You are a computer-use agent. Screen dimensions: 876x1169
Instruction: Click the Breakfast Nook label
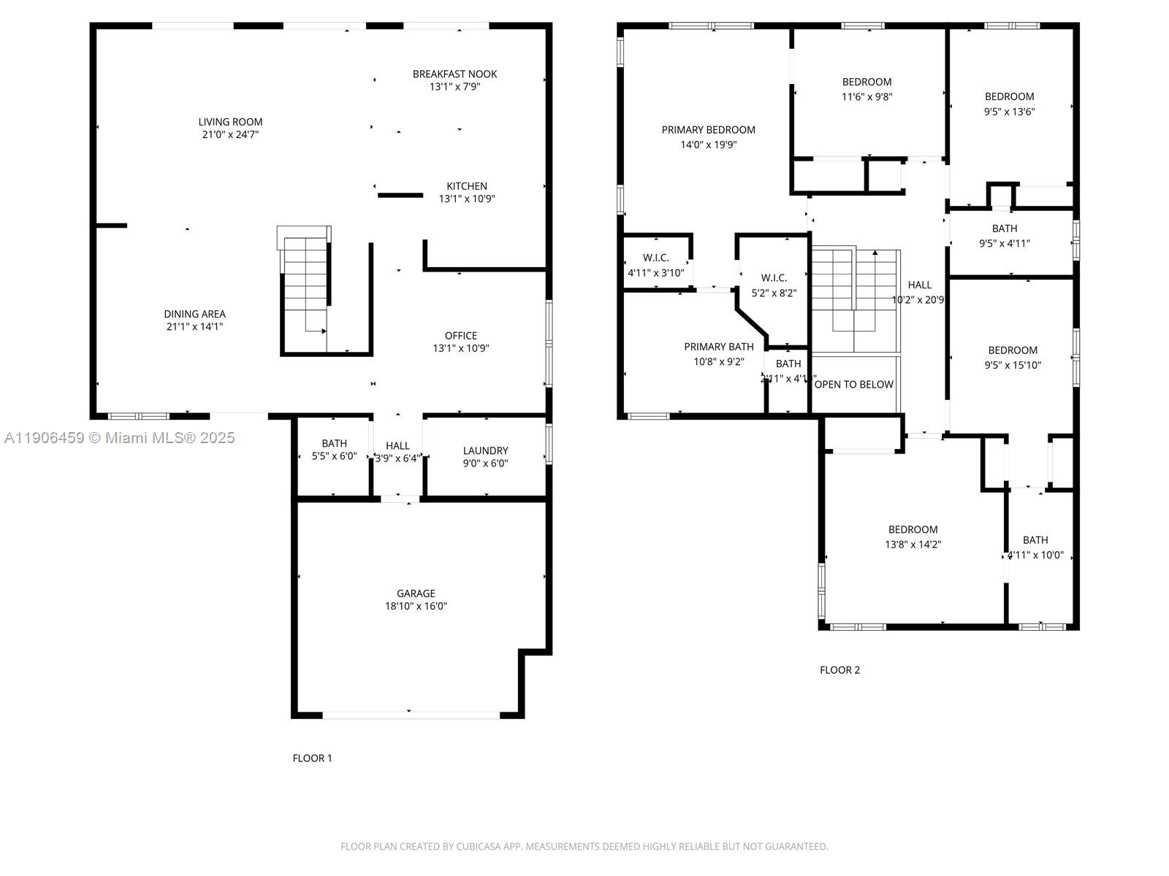coord(454,74)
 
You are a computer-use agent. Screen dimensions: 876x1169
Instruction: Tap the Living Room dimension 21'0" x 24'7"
coord(230,135)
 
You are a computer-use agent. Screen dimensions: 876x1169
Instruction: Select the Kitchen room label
coord(467,186)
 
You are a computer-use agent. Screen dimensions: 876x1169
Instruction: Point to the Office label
coord(461,336)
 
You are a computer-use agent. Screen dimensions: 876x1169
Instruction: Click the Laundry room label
coord(485,450)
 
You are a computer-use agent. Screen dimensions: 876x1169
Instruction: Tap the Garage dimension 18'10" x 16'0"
coord(416,606)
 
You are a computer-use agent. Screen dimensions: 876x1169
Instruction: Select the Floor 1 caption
coord(312,758)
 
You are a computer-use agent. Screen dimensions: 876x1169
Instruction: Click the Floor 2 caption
coord(839,670)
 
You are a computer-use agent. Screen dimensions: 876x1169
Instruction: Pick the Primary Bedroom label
coord(708,130)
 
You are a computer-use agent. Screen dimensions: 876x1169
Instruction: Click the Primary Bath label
coord(718,347)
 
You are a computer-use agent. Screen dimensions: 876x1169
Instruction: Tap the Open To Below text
coord(853,385)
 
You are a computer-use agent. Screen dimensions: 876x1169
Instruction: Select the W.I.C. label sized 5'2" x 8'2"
coord(774,278)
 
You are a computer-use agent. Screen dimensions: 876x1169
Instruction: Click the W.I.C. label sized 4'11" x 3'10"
coord(655,258)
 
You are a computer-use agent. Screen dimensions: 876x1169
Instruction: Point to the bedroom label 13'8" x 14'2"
coord(913,530)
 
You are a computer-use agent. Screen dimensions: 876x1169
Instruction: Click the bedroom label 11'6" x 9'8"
coord(867,82)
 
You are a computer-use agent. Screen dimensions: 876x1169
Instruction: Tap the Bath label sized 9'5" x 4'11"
coord(1005,228)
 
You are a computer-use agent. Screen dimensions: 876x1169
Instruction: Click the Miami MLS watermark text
coord(120,437)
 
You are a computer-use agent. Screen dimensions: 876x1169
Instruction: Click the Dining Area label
coord(194,314)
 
